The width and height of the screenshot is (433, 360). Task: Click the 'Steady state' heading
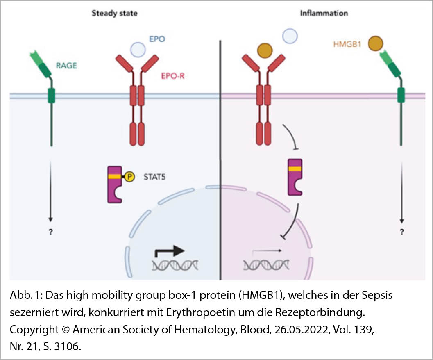click(x=114, y=13)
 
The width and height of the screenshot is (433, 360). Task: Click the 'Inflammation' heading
click(x=324, y=13)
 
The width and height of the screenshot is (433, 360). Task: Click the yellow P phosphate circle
click(x=129, y=178)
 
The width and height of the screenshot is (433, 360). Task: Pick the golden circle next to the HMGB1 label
click(x=375, y=43)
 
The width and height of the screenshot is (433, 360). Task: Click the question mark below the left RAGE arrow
click(x=51, y=232)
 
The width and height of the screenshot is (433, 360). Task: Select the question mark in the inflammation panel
click(x=402, y=232)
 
